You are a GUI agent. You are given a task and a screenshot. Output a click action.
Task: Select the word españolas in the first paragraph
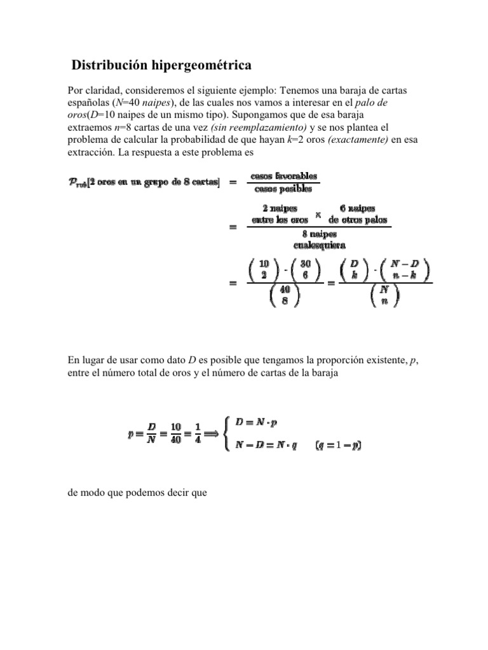[89, 104]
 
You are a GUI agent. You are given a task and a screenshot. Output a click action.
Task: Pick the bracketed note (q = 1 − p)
[338, 446]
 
